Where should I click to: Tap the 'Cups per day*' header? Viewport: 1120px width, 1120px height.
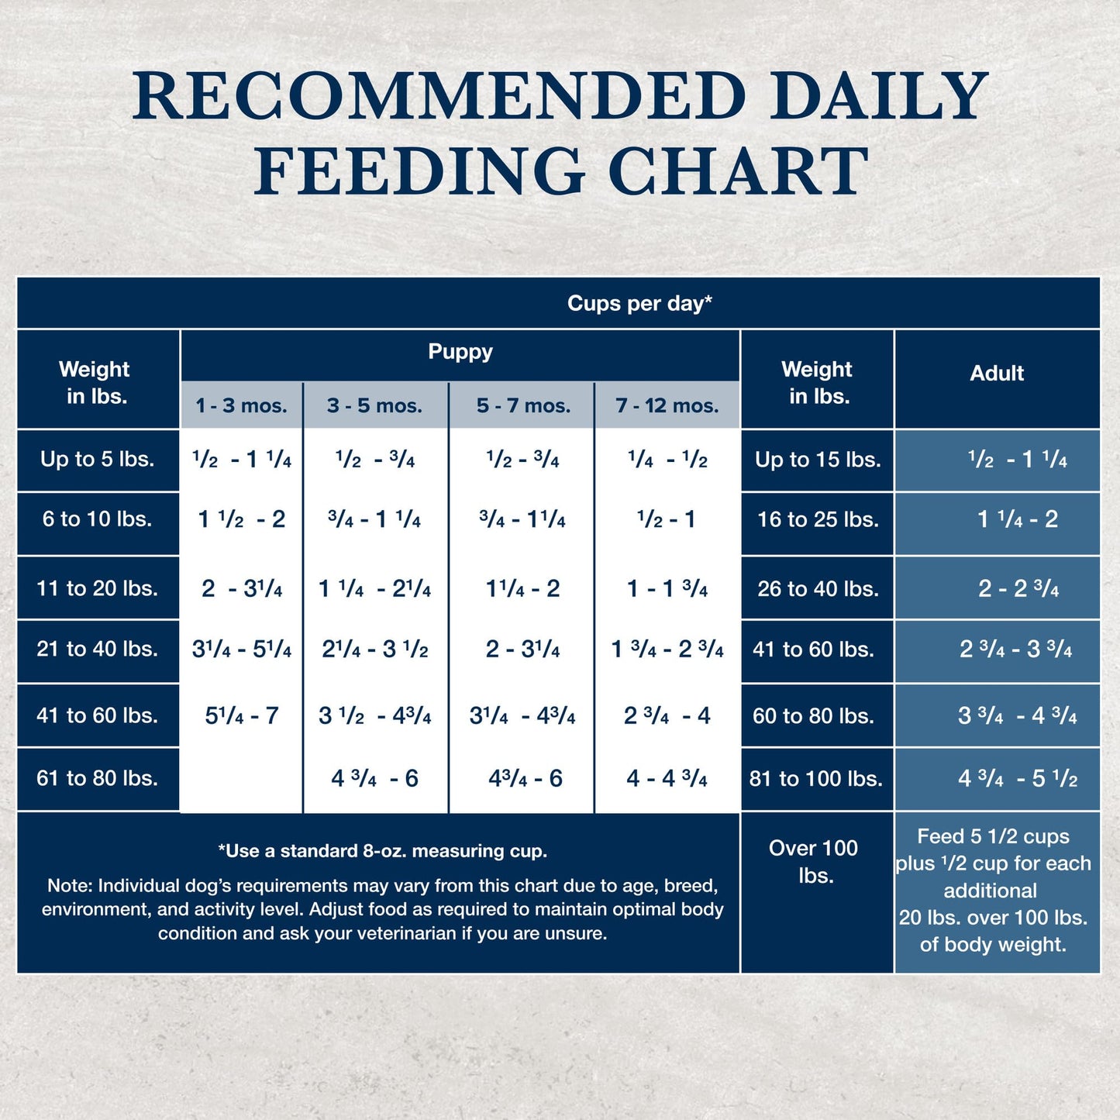point(639,303)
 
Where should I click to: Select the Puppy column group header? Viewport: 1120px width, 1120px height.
point(460,352)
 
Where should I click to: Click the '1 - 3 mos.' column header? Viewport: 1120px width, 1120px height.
point(241,405)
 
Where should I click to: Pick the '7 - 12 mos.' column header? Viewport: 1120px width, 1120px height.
point(667,405)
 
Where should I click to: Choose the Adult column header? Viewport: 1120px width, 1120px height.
point(997,374)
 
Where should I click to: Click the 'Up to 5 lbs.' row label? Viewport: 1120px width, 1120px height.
point(98,459)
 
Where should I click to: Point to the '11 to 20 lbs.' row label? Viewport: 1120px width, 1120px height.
point(98,588)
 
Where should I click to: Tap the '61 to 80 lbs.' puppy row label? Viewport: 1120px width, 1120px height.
point(98,778)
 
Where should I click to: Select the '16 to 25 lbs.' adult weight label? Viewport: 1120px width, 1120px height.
point(818,519)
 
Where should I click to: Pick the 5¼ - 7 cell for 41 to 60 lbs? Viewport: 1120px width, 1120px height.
point(241,715)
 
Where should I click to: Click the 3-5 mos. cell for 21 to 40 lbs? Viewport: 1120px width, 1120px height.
point(375,650)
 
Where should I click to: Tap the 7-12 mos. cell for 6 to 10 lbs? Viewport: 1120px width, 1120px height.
point(667,519)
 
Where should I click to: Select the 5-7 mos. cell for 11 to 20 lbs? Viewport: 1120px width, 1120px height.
point(522,588)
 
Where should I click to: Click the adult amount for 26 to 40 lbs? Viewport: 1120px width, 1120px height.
point(1018,588)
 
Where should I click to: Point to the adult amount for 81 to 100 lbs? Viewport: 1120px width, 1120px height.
point(1018,778)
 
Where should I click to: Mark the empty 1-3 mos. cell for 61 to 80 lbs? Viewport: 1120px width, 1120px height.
point(241,778)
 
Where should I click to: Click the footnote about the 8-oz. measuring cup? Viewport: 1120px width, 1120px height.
point(383,851)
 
